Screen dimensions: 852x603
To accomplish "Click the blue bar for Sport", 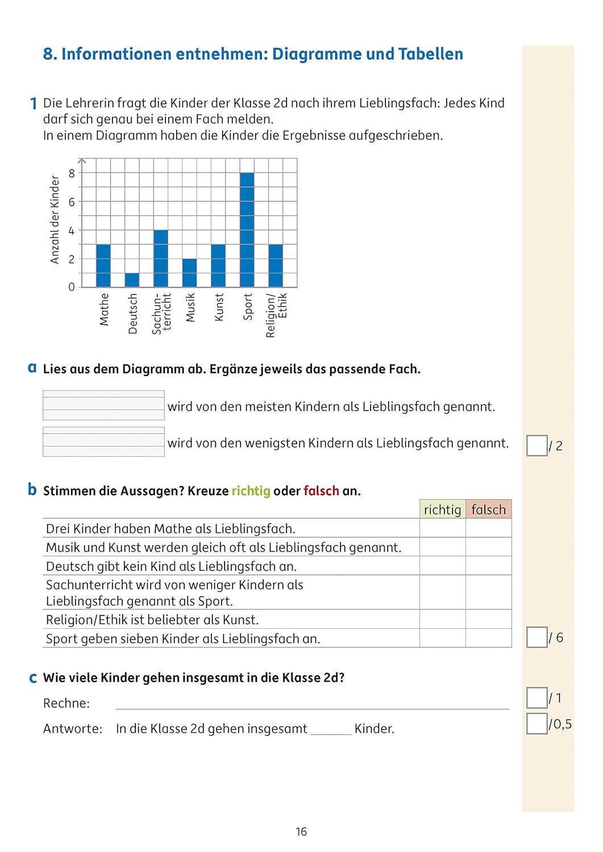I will tap(247, 229).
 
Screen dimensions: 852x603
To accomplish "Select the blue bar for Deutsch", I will tap(132, 279).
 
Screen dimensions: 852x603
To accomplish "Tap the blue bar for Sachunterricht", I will tap(161, 258).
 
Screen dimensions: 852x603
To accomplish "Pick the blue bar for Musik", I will tap(189, 273).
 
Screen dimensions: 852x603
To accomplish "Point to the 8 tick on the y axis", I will tap(72, 173).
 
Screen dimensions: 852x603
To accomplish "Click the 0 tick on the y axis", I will tap(72, 287).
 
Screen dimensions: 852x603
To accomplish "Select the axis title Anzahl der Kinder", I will tap(55, 219).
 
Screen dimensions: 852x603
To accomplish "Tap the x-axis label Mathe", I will tap(104, 310).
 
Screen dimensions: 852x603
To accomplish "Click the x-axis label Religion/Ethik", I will tap(276, 315).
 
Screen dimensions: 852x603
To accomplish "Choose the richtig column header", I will tap(442, 509).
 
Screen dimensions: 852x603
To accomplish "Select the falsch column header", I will tap(488, 509).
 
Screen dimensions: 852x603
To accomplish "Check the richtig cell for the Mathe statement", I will tap(442, 528).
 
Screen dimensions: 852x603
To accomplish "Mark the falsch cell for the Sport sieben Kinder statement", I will tap(488, 638).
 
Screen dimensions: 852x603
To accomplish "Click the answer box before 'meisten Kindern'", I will tap(103, 405).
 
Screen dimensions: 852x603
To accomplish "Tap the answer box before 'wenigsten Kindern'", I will tap(103, 441).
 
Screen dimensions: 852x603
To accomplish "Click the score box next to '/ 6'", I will tap(537, 637).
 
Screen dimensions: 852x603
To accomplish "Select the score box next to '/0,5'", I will tap(537, 724).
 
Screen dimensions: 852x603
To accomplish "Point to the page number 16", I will tap(301, 832).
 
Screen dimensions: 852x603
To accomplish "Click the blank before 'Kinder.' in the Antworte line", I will tap(331, 728).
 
